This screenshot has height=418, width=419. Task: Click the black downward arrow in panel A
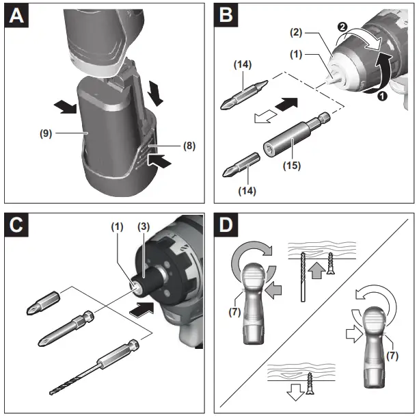tap(156, 90)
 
